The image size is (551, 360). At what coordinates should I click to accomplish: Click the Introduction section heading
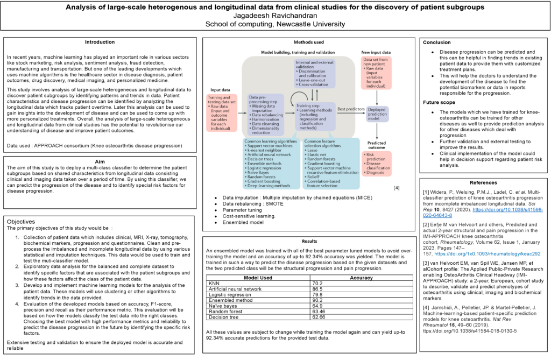click(100, 42)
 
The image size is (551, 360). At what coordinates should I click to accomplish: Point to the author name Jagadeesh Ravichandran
click(275, 16)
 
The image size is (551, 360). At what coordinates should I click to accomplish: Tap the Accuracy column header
click(361, 277)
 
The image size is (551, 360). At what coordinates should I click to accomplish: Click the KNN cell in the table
click(214, 283)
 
